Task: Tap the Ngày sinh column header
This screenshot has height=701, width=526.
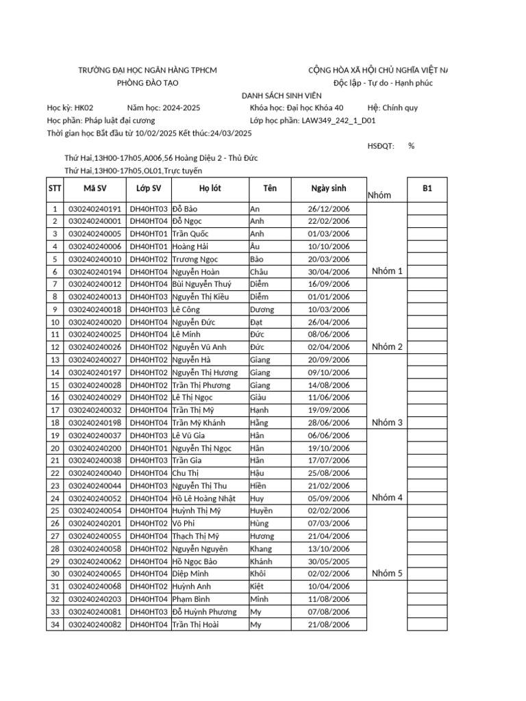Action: (x=329, y=188)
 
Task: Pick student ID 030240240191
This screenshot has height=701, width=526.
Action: (x=95, y=209)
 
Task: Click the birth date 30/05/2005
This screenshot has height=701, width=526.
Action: (x=329, y=561)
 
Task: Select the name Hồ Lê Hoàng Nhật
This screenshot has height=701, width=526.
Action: (x=203, y=498)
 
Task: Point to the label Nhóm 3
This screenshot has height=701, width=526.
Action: (x=387, y=422)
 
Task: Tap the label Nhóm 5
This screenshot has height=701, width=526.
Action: (x=387, y=574)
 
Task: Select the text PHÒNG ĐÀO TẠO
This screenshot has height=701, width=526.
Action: (x=147, y=83)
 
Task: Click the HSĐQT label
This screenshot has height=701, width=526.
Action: (x=381, y=146)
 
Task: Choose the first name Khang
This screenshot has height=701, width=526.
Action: (x=261, y=549)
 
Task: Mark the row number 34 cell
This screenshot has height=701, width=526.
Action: (x=54, y=624)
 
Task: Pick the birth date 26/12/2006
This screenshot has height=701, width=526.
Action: (x=329, y=209)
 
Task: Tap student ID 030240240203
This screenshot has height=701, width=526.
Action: (x=95, y=599)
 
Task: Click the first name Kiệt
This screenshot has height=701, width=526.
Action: (x=257, y=587)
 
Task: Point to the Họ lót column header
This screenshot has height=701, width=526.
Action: (x=210, y=188)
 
